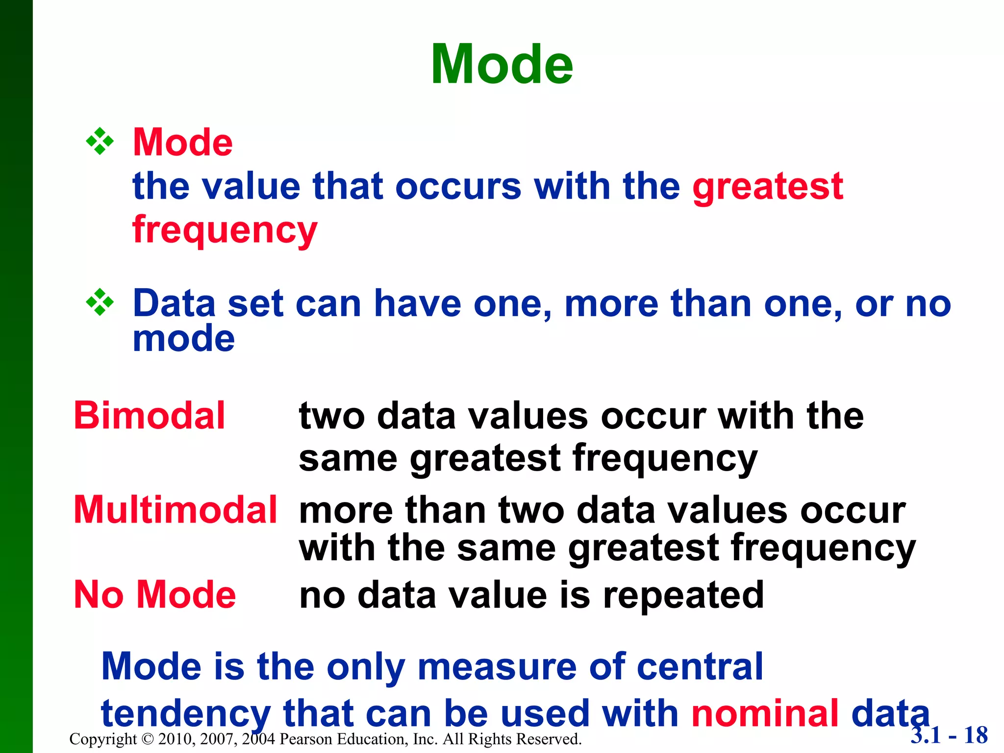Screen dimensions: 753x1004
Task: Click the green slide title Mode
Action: click(x=502, y=65)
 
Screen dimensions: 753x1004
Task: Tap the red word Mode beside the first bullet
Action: click(x=182, y=143)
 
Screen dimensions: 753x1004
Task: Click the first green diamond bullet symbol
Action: click(x=100, y=142)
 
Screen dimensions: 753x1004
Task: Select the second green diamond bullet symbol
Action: click(x=100, y=302)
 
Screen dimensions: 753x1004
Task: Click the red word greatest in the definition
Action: click(x=767, y=187)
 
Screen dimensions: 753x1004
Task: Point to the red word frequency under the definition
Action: click(x=225, y=230)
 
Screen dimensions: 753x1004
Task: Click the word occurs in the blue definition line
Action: click(x=458, y=187)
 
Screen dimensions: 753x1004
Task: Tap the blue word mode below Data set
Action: click(x=183, y=339)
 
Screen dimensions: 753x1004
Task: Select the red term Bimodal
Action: click(x=149, y=416)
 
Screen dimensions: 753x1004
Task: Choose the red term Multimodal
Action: click(x=175, y=510)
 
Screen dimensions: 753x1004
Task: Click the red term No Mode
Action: click(x=154, y=595)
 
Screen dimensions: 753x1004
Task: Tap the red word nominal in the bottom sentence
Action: click(x=765, y=714)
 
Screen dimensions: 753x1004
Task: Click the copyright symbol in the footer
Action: click(x=147, y=739)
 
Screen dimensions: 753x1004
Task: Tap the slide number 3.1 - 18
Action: click(x=949, y=735)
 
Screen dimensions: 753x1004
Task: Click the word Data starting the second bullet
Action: click(x=174, y=304)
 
